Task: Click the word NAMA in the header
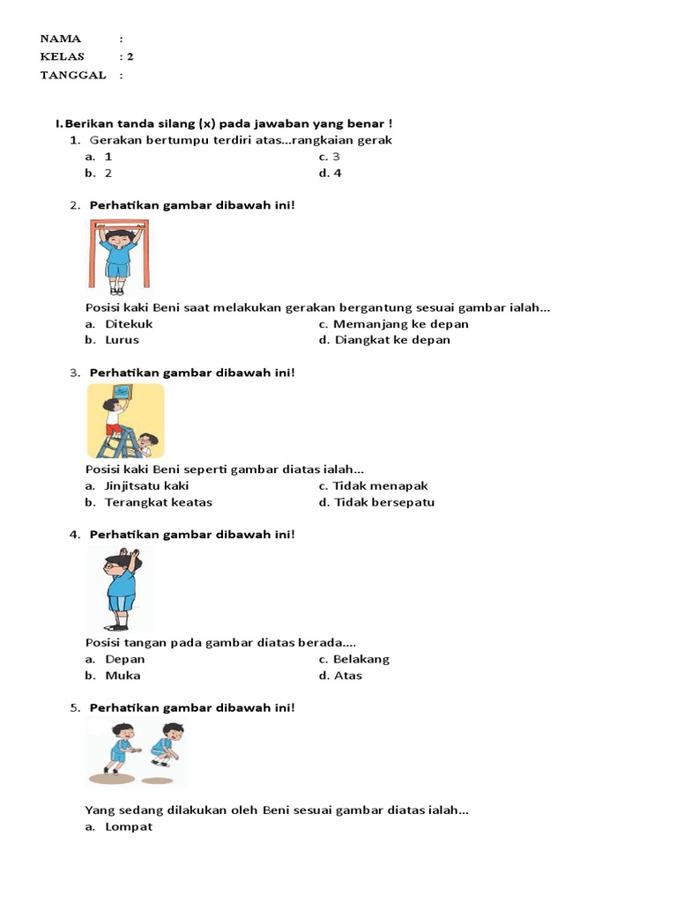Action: click(61, 39)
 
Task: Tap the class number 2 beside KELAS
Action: click(130, 56)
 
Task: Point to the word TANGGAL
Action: click(73, 75)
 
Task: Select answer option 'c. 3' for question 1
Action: click(330, 156)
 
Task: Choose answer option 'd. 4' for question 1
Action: click(331, 173)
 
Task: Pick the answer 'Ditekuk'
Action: click(129, 323)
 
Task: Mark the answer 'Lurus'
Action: click(123, 340)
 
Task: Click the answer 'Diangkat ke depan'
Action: click(391, 340)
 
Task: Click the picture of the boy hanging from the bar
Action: click(118, 255)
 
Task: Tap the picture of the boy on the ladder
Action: click(125, 420)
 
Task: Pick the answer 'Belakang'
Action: click(361, 659)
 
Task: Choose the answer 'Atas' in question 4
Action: click(347, 676)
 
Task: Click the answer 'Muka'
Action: click(123, 676)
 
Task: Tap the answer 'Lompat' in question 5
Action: click(129, 826)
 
